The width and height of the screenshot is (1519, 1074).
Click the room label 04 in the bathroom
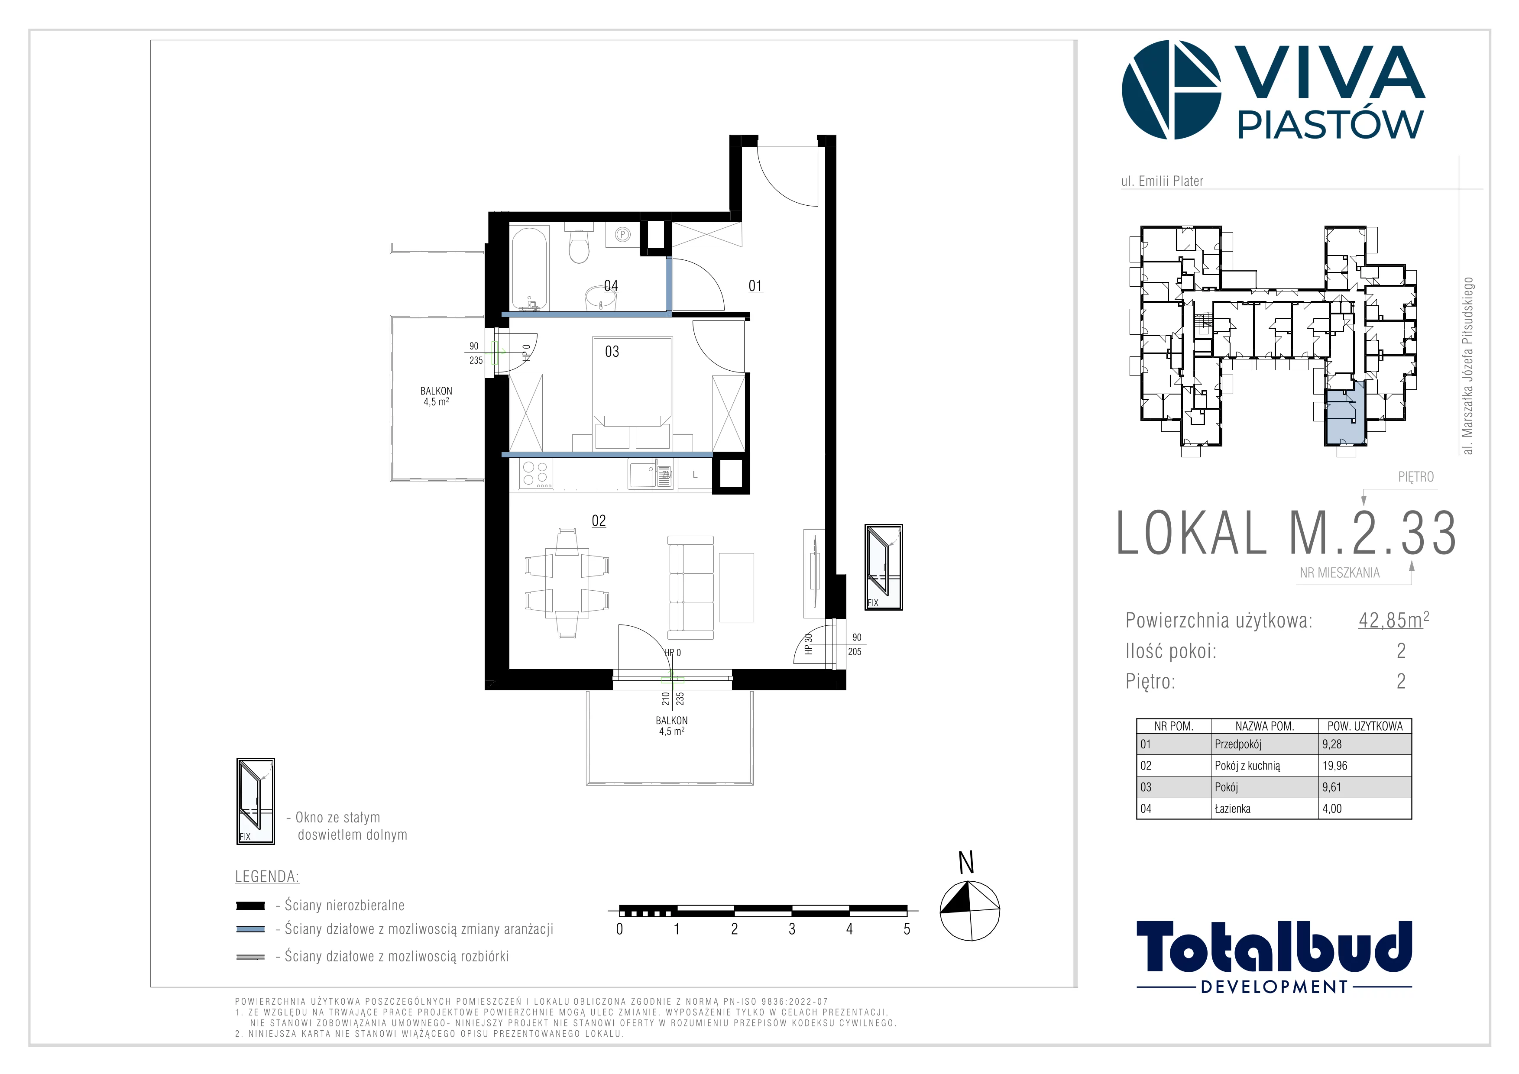(x=611, y=286)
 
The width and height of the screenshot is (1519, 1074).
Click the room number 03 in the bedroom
(x=612, y=352)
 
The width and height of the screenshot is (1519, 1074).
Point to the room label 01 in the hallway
(x=755, y=286)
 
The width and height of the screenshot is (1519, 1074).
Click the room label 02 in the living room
(x=599, y=521)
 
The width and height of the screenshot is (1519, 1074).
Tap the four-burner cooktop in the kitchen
(x=535, y=473)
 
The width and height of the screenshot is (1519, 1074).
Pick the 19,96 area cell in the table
(x=1334, y=766)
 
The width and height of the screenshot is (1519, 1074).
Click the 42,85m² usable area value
(x=1393, y=620)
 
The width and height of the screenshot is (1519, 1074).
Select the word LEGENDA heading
(x=267, y=877)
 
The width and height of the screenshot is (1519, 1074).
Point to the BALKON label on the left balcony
(x=436, y=391)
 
